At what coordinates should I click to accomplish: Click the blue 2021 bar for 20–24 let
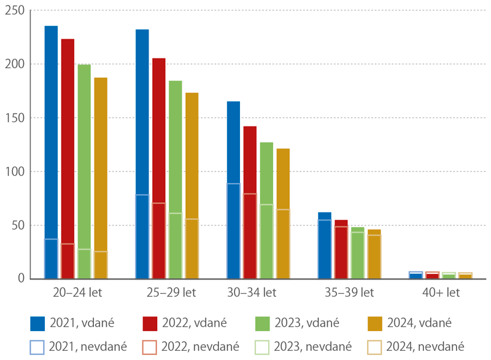click(x=51, y=152)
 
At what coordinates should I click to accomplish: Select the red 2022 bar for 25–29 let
click(x=159, y=168)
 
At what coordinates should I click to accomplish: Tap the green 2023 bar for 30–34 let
click(x=266, y=211)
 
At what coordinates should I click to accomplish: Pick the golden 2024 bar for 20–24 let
click(x=101, y=178)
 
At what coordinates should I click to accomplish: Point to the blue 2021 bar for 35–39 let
click(x=325, y=246)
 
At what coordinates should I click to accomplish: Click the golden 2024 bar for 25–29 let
click(x=191, y=186)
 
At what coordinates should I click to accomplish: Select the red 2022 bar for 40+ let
click(x=432, y=275)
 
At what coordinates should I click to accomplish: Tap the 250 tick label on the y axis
click(x=15, y=10)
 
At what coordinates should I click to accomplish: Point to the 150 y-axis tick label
click(x=15, y=118)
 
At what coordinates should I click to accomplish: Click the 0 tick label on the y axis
click(x=21, y=278)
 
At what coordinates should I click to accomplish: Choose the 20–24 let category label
click(x=77, y=292)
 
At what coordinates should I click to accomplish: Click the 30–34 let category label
click(x=252, y=292)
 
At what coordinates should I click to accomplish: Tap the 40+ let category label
click(x=441, y=292)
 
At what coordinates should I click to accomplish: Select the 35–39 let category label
click(x=349, y=292)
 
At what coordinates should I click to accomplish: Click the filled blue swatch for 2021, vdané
click(x=37, y=324)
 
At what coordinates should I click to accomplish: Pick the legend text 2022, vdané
click(x=195, y=323)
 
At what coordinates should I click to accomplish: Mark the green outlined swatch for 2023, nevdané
click(x=262, y=348)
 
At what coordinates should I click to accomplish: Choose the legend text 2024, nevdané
click(x=425, y=346)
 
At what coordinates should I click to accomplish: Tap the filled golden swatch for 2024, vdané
click(x=375, y=324)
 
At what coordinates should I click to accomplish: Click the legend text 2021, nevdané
click(x=88, y=346)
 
